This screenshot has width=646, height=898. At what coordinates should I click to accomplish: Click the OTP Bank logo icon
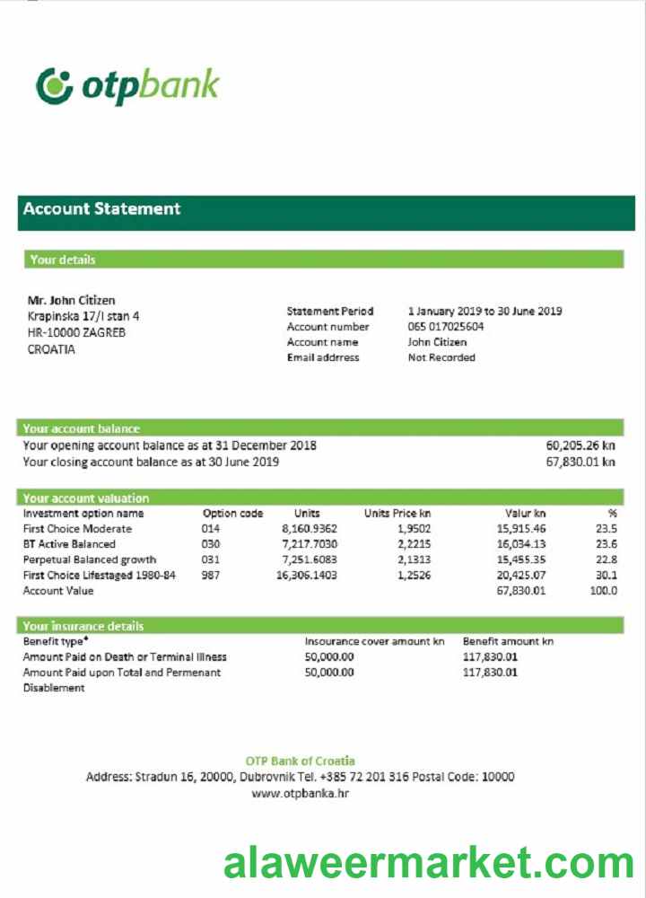[x=54, y=85]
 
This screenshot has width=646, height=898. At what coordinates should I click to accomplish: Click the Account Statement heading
[x=101, y=209]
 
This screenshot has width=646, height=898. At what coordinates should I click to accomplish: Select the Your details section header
[x=62, y=260]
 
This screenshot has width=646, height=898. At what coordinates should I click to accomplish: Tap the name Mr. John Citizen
[x=72, y=301]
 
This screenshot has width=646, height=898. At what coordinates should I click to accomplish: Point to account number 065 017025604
[x=446, y=327]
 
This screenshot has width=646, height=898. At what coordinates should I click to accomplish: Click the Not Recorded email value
[x=441, y=357]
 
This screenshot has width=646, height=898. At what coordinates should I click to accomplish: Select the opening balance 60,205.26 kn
[x=581, y=445]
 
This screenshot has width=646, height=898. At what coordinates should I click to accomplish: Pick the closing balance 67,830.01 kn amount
[x=581, y=462]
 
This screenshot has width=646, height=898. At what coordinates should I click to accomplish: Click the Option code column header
[x=232, y=514]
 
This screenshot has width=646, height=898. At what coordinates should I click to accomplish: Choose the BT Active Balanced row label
[x=69, y=544]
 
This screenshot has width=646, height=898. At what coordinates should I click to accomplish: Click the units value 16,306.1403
[x=308, y=576]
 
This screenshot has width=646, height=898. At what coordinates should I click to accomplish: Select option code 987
[x=211, y=576]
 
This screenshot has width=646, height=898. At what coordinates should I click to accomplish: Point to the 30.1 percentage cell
[x=607, y=576]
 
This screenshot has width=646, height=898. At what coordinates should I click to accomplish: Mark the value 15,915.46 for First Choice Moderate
[x=520, y=529]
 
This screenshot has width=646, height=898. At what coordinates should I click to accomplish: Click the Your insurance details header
[x=83, y=626]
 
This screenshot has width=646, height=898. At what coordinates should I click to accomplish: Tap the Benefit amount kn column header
[x=508, y=642]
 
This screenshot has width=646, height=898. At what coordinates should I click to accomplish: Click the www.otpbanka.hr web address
[x=300, y=794]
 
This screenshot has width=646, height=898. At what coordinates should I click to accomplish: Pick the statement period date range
[x=484, y=312]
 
